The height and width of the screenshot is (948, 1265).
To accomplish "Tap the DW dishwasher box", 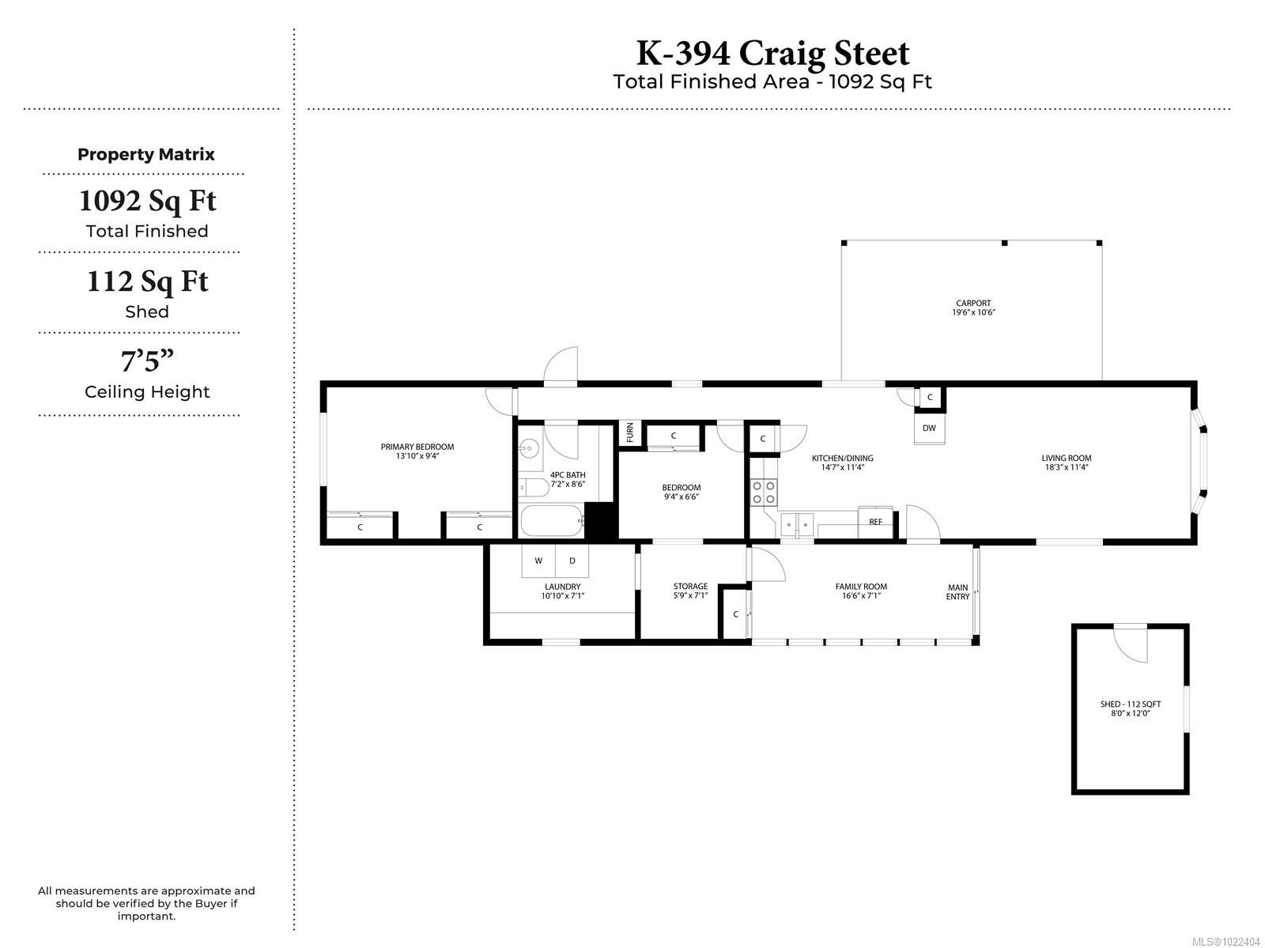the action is point(929,429).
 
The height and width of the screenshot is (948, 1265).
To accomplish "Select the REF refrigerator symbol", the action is point(875,522).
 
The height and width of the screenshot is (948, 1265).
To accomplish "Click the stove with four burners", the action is point(764,493).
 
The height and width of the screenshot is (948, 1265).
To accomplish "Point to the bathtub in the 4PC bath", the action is point(553,521).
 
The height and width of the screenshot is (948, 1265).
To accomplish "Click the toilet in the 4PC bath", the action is point(534,488).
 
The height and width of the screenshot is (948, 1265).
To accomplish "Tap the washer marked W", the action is point(538,561).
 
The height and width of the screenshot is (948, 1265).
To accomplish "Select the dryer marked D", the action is point(572,561).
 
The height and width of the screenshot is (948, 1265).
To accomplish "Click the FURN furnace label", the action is point(630,432).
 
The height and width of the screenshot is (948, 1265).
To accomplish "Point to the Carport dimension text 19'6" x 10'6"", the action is point(973,312).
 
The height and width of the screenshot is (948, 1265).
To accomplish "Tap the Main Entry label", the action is point(957,592).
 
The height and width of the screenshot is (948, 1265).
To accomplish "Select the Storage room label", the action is point(690,586).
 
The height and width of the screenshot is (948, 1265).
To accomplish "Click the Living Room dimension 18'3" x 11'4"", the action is point(1067,467).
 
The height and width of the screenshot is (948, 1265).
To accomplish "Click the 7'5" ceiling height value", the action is point(147,361).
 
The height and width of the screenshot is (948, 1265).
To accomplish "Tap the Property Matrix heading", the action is point(145,154).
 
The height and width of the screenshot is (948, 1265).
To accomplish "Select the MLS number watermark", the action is point(1225,942).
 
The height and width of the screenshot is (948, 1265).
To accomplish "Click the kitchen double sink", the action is point(797,525).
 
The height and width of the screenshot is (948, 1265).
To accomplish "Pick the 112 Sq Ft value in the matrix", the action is point(148,281).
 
